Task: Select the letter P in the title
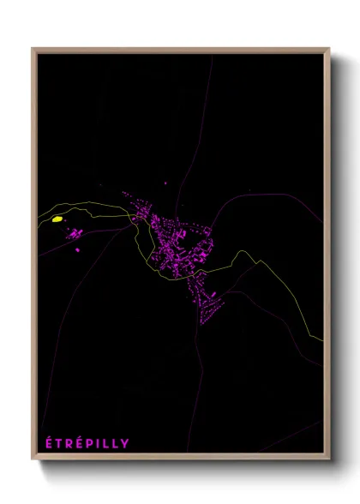(90, 443)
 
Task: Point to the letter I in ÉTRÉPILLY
(99, 443)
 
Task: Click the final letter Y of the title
(125, 443)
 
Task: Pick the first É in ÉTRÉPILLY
(49, 442)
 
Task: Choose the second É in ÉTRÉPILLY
(80, 442)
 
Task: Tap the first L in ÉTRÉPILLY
(106, 443)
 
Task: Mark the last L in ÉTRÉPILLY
(116, 443)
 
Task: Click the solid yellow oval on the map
(57, 219)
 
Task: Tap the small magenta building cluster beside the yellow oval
(75, 232)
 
